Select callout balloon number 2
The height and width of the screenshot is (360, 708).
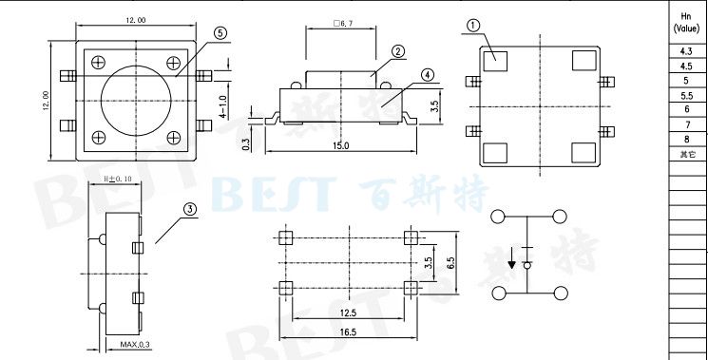coord(398,51)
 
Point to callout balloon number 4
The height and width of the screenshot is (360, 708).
coord(427,74)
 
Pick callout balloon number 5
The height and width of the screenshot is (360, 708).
coord(220,32)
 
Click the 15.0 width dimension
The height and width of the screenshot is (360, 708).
coord(339,145)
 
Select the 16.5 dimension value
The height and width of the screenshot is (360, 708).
coord(347,332)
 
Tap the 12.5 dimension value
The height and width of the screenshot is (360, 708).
coord(347,312)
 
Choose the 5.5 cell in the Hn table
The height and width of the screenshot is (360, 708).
coord(686,96)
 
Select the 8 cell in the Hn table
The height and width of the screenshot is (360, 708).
coord(686,140)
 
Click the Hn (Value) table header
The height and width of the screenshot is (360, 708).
coord(686,22)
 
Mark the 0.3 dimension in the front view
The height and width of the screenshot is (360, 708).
coord(246,143)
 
